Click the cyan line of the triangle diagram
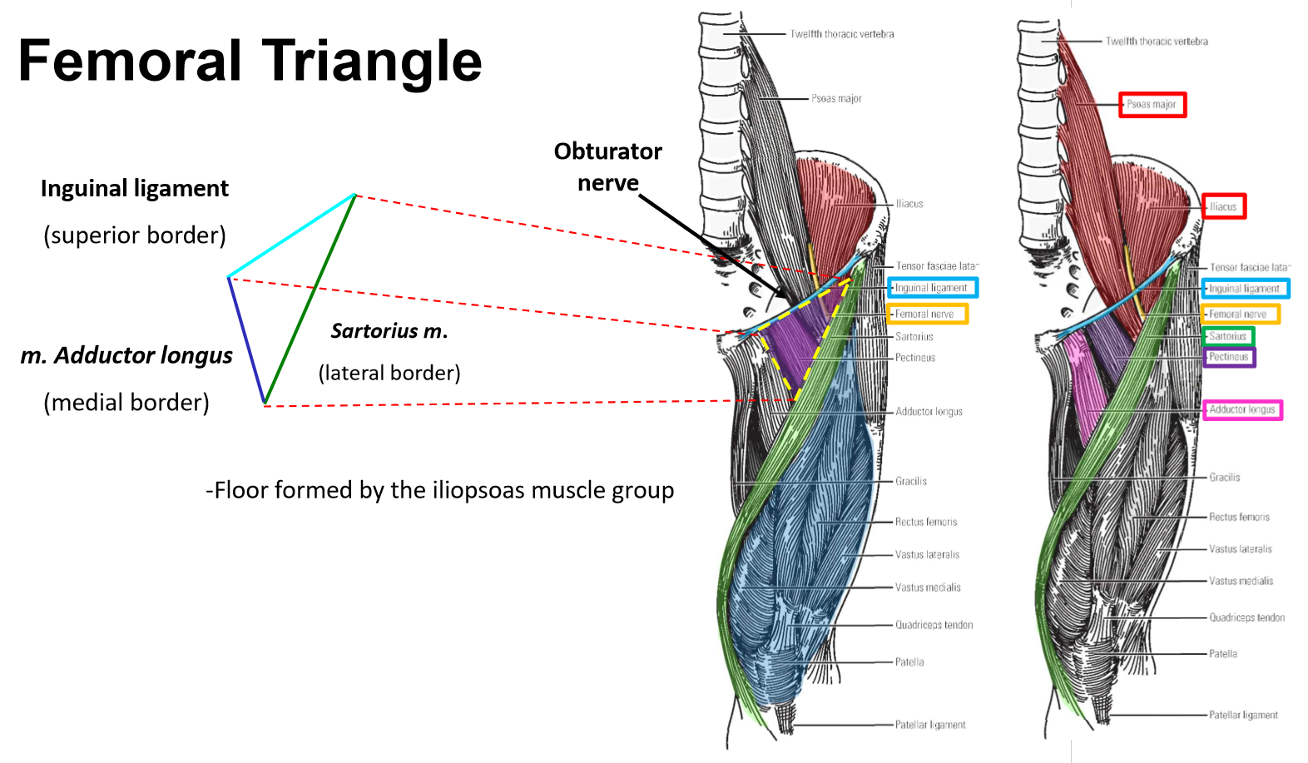point(291,235)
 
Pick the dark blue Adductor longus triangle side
point(246,340)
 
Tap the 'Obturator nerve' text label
point(607,166)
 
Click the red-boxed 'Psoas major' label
point(1152,105)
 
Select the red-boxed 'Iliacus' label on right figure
point(1223,206)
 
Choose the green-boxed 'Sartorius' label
point(1227,336)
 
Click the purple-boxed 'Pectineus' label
point(1228,357)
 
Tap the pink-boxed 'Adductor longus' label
point(1241,409)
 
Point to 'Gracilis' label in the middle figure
point(911,481)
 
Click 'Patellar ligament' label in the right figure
point(1243,715)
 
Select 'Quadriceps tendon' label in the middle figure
point(934,625)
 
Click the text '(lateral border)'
point(389,373)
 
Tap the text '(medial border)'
point(126,403)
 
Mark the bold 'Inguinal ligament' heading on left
point(135,189)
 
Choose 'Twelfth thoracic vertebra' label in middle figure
point(842,34)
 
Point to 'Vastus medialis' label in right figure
point(1241,581)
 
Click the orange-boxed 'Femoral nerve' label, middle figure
point(924,314)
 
